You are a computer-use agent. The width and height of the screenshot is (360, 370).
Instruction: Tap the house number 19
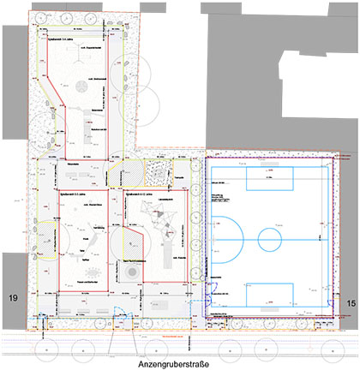tap(12, 298)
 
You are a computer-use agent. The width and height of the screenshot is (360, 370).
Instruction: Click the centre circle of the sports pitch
tap(270, 237)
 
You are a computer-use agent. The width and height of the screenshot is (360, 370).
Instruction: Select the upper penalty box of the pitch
tap(269, 180)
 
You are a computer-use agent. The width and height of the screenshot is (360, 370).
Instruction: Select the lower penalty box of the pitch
tap(270, 294)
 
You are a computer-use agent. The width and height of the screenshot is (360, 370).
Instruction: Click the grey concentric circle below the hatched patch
tap(130, 272)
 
